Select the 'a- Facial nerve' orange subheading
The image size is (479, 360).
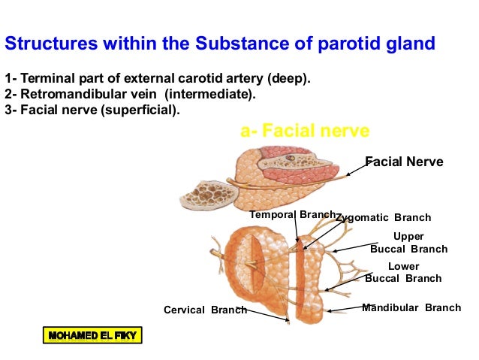[x=305, y=132]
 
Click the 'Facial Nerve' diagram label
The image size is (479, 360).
[x=404, y=162]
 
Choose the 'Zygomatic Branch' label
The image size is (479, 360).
[x=384, y=218]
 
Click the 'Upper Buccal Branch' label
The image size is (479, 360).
[x=408, y=243]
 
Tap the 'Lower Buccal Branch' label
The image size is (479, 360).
[x=404, y=272]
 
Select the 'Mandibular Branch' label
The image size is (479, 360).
[x=411, y=307]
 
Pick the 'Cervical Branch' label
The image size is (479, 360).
[x=205, y=310]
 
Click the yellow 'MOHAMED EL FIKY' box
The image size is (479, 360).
[x=92, y=335]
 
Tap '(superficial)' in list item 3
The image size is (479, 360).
[x=143, y=111]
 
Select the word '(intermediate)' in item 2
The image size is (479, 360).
[x=218, y=95]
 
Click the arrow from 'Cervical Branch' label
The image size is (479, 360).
[x=267, y=315]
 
